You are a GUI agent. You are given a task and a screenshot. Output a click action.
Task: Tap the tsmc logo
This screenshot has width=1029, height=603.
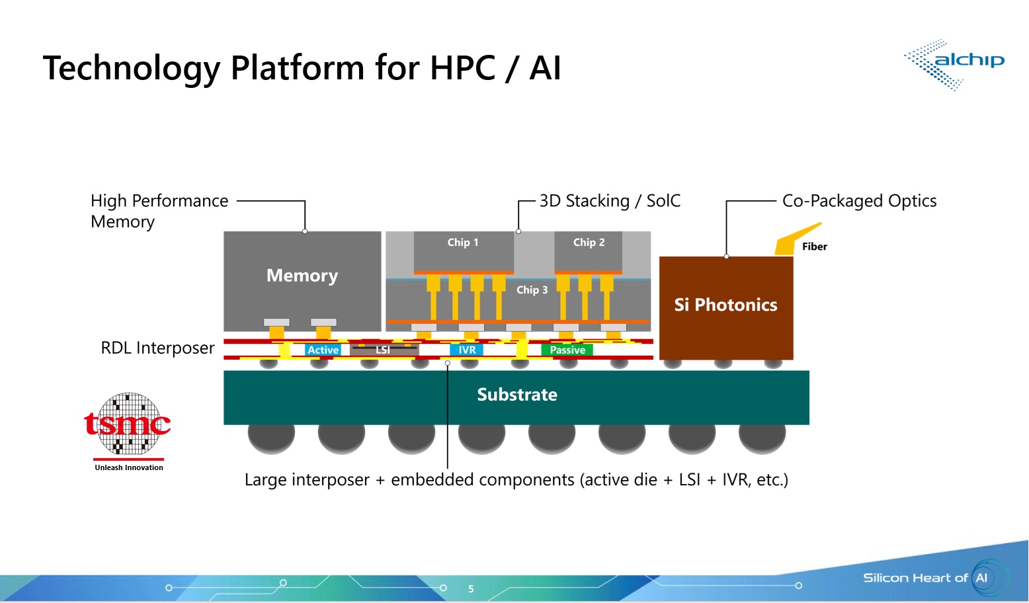(x=128, y=428)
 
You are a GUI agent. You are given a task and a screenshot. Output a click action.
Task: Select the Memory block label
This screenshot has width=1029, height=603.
(x=302, y=276)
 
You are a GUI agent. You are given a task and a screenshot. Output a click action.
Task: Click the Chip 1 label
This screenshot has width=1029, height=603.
(x=462, y=243)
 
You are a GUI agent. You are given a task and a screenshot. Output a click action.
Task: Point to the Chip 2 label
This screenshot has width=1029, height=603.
(x=589, y=243)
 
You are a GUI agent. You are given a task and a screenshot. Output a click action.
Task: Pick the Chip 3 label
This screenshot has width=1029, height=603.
(x=532, y=290)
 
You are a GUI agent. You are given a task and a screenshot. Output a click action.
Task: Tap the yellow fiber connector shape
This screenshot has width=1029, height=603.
(x=793, y=240)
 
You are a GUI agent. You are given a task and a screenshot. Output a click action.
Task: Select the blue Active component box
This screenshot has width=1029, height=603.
(x=323, y=350)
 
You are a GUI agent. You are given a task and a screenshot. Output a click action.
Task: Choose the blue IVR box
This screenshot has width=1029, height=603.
(x=467, y=350)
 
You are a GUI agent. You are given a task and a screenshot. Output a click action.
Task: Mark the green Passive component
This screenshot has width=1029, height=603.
(x=567, y=350)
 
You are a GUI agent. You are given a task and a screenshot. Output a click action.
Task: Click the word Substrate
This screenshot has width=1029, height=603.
(x=517, y=395)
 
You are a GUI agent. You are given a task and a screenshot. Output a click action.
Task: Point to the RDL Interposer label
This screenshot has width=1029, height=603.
(x=157, y=348)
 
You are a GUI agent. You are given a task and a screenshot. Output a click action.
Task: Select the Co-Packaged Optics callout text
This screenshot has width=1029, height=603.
(x=859, y=201)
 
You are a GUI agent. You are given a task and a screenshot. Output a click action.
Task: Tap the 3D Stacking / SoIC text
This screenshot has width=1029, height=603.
(x=610, y=201)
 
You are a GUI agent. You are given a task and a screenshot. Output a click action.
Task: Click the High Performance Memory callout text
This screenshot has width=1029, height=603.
(x=159, y=211)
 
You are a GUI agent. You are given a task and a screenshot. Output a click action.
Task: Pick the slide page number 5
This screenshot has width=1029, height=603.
(x=471, y=588)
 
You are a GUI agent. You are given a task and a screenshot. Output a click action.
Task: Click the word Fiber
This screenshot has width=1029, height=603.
(x=814, y=247)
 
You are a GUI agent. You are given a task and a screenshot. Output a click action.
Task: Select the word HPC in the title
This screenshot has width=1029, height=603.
(x=462, y=67)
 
